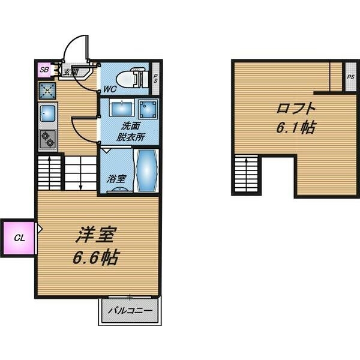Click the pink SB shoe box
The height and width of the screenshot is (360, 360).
(x=44, y=70)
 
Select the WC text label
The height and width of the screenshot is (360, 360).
(x=109, y=89)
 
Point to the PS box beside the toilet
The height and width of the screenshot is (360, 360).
(x=155, y=78)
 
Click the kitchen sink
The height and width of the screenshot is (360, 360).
(x=48, y=113)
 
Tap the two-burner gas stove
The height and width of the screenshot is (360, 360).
(x=47, y=140)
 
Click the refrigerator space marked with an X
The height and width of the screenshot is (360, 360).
(x=47, y=90)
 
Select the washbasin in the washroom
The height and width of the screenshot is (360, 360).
(x=122, y=109)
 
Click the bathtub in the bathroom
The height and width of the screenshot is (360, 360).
(x=147, y=170)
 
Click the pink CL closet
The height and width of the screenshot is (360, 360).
(x=19, y=238)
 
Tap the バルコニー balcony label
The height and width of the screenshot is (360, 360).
(x=130, y=311)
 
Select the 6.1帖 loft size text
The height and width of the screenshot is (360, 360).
(x=296, y=128)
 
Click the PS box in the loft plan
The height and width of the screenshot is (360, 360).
(x=350, y=77)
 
